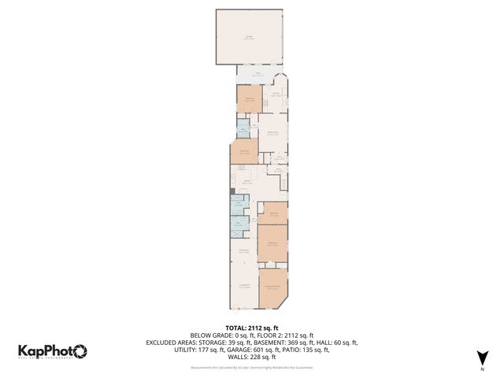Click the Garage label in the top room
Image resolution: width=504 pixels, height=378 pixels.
tap(249, 38)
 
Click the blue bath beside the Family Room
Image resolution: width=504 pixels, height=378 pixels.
tap(243, 128)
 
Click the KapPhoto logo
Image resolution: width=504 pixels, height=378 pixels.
tap(53, 351)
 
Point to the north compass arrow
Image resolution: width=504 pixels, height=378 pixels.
tap(481, 357)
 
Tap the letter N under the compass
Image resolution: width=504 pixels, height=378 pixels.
tap(481, 369)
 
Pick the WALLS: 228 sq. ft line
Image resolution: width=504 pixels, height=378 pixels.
tap(252, 358)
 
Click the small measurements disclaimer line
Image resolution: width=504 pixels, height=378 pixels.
tap(252, 367)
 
